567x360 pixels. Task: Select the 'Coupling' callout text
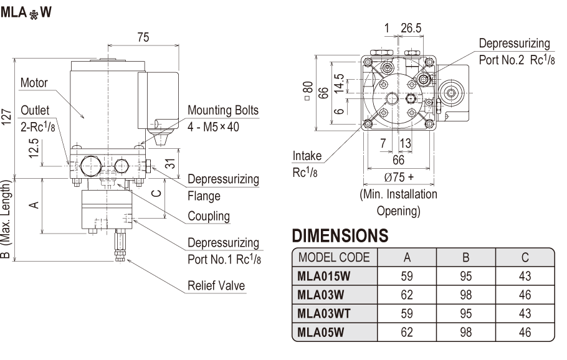point(209,217)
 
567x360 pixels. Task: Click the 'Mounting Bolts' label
point(223,111)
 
